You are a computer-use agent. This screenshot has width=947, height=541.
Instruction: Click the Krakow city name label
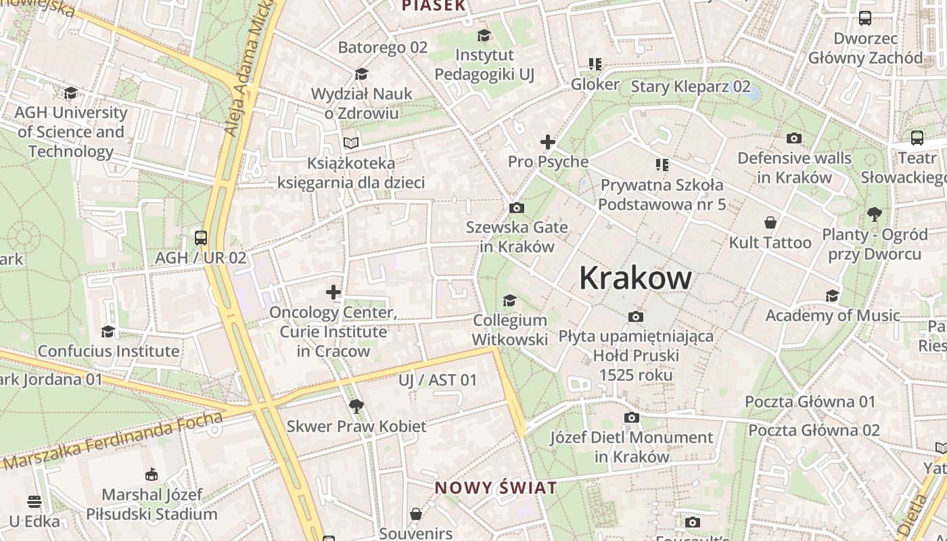point(635,278)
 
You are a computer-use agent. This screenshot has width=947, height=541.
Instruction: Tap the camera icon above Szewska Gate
point(517,208)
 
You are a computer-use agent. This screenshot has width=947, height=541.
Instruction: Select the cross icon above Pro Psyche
point(548,142)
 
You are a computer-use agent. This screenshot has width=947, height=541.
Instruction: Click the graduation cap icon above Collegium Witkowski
point(509,300)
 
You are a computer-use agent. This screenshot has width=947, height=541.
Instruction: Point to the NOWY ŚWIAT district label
point(496,488)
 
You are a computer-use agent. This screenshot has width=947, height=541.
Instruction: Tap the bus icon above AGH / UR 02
point(201,237)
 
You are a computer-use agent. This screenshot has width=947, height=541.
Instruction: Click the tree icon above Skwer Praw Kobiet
point(356,406)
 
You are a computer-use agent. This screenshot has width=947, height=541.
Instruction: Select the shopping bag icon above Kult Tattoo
point(770,222)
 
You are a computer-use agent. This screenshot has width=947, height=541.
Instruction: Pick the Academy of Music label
point(833,316)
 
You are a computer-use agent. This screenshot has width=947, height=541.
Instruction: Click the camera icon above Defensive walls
point(794,139)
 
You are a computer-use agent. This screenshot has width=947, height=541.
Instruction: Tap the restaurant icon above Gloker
point(595,64)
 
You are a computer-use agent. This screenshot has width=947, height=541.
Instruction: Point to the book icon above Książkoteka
point(350,143)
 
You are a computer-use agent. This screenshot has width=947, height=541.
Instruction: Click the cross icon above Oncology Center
point(333,292)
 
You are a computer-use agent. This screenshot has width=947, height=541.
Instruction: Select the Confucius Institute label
point(108,351)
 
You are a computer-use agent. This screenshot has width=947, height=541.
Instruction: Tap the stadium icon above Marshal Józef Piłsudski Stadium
point(152,475)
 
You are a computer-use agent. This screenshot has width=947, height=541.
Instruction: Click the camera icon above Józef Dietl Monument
point(631,418)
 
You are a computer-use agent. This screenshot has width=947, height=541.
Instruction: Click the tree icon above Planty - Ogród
point(875,215)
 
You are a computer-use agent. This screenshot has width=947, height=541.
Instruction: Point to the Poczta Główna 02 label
point(814,430)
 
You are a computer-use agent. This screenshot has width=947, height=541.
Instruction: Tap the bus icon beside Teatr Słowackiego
point(917,138)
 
